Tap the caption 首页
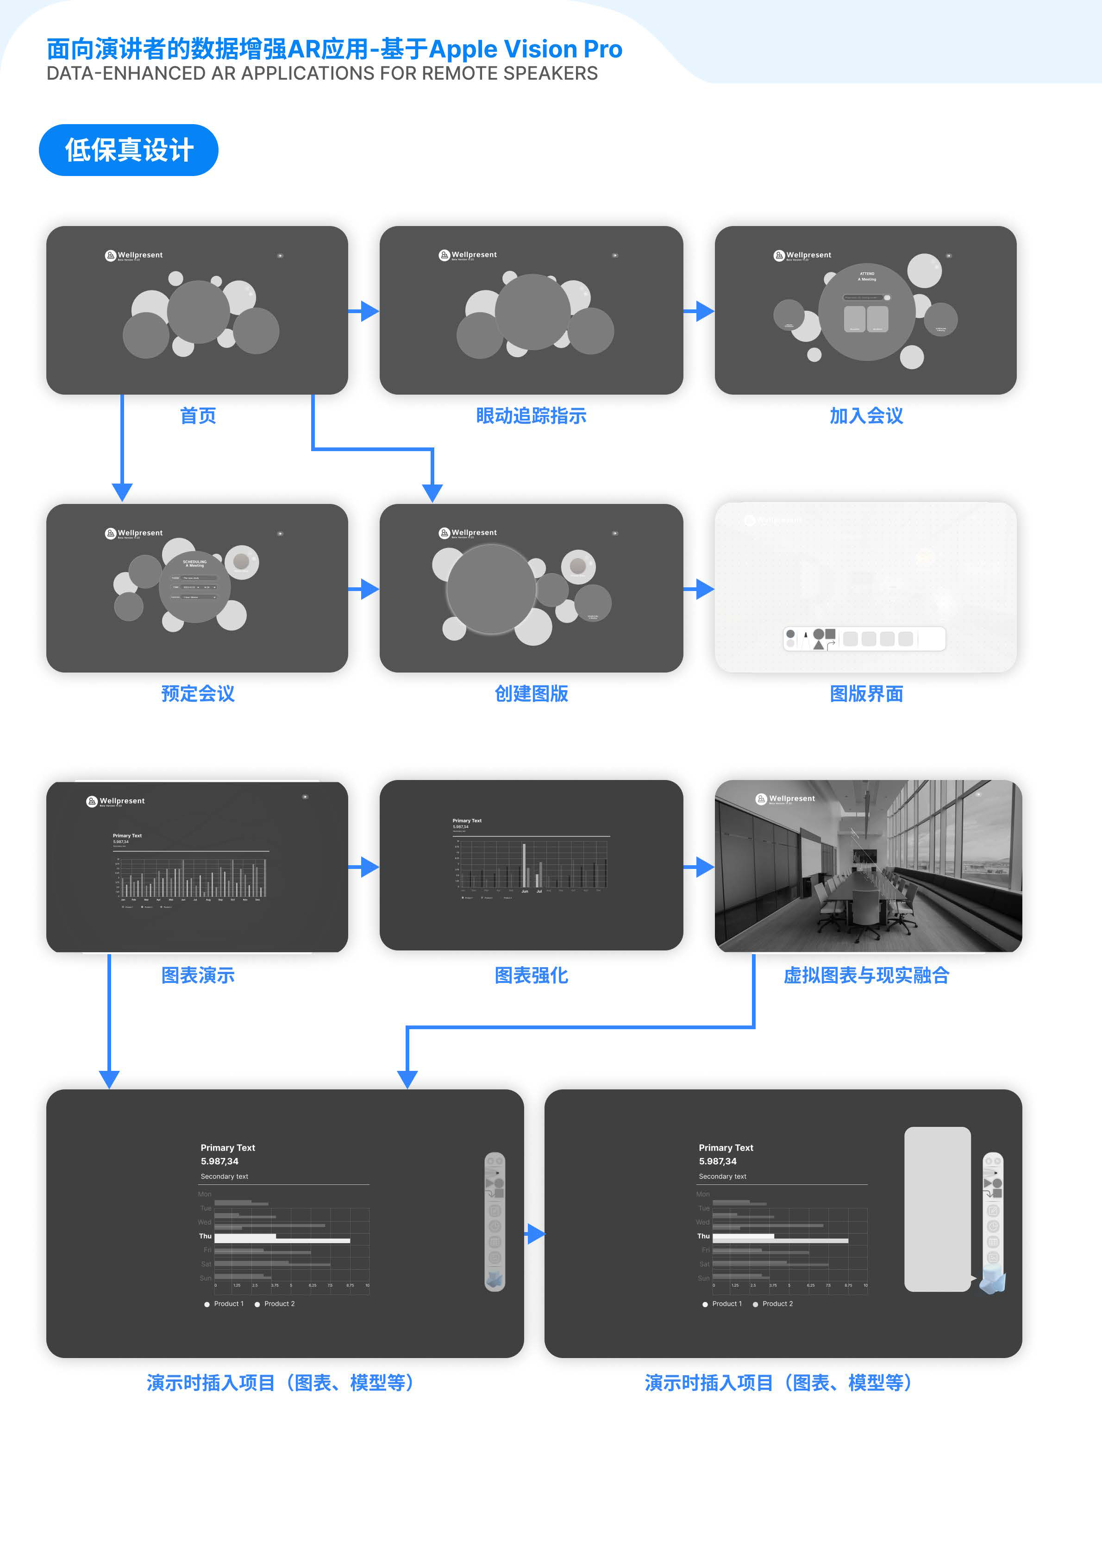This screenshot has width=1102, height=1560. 198,416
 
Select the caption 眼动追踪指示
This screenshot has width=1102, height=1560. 531,416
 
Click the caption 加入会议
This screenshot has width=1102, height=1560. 866,416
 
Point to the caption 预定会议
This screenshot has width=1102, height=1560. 198,694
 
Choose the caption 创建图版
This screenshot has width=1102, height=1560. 531,694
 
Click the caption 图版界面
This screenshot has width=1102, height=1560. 866,694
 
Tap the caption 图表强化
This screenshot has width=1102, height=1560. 531,975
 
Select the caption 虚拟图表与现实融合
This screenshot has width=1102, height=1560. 866,975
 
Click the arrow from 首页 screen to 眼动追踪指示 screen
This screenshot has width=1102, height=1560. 364,311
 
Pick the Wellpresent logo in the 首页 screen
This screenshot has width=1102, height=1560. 134,256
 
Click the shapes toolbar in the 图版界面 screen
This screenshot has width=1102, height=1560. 864,639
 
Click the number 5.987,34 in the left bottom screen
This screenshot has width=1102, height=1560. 219,1161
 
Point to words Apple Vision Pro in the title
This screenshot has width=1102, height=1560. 525,50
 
